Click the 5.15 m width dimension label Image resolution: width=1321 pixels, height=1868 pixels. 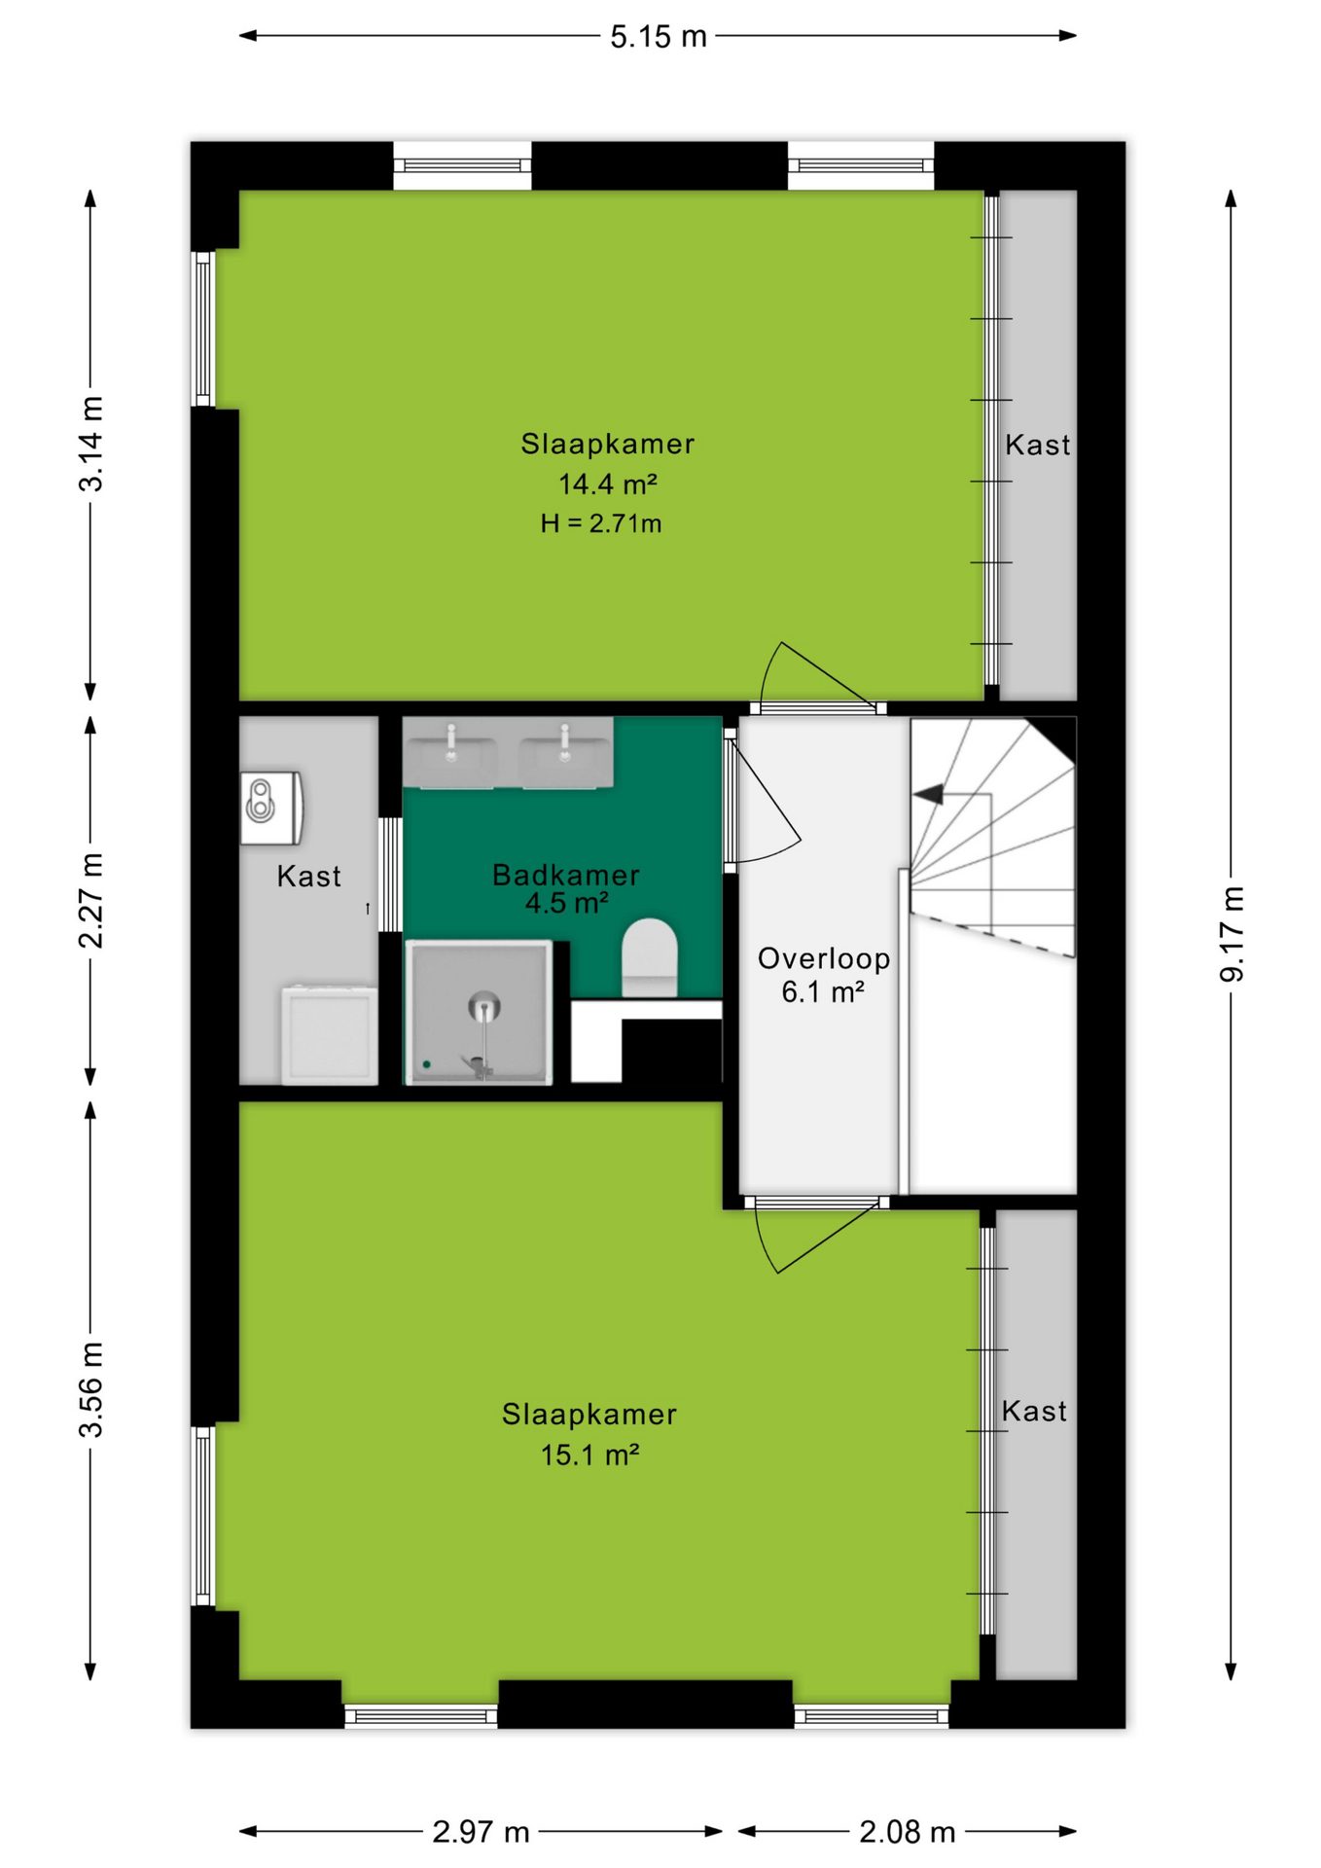(x=659, y=37)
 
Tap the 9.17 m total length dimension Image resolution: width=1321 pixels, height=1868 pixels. (x=1232, y=934)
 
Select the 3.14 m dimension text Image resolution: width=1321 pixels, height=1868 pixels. (x=90, y=444)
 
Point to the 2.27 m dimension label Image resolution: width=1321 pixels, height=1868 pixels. (x=90, y=900)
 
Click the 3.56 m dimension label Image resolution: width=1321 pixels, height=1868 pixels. (x=90, y=1389)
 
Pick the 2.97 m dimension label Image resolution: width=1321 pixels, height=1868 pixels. (x=481, y=1832)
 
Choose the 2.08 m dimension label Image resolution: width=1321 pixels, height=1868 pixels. (x=907, y=1832)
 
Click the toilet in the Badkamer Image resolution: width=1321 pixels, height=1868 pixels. (x=649, y=957)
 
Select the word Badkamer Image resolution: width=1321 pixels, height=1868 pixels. (x=566, y=875)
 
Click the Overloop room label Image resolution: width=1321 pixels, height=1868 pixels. (x=824, y=958)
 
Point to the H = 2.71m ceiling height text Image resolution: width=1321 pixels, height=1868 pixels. (x=601, y=523)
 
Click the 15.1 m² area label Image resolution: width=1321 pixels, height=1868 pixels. (x=589, y=1455)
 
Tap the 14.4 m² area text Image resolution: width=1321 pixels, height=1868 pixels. (x=608, y=484)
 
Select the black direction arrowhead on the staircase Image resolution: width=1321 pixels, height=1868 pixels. (x=929, y=794)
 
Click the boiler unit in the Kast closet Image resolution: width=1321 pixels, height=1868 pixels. (x=272, y=808)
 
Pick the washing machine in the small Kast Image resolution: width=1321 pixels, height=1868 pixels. (x=329, y=1034)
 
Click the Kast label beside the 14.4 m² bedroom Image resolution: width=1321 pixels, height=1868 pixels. (x=1038, y=445)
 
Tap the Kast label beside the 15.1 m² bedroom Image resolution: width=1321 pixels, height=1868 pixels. (x=1034, y=1411)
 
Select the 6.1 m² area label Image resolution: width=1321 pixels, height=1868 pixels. (x=823, y=992)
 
